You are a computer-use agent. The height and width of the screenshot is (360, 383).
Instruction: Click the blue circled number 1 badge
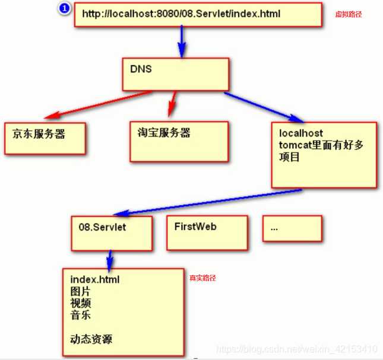pos(64,8)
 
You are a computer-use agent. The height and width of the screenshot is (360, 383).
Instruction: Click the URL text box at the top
pos(198,14)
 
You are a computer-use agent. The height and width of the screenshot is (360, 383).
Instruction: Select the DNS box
pos(175,74)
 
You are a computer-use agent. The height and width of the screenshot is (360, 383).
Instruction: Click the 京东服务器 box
pos(45,138)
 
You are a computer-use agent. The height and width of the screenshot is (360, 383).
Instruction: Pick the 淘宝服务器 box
pos(178,141)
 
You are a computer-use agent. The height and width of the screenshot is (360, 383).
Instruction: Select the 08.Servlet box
pos(112,232)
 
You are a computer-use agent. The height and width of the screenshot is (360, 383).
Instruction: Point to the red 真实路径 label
pos(202,277)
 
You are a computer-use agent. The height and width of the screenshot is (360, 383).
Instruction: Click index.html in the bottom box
pos(95,279)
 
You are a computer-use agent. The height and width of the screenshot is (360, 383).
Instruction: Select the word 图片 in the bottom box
pos(80,291)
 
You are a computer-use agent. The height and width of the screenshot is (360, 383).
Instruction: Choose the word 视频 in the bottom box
pos(80,303)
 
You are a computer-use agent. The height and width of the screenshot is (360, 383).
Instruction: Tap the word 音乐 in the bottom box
pos(80,315)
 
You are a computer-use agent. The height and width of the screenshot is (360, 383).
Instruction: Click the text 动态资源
pos(91,339)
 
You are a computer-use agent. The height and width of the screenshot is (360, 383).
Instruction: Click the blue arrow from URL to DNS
pos(182,42)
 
